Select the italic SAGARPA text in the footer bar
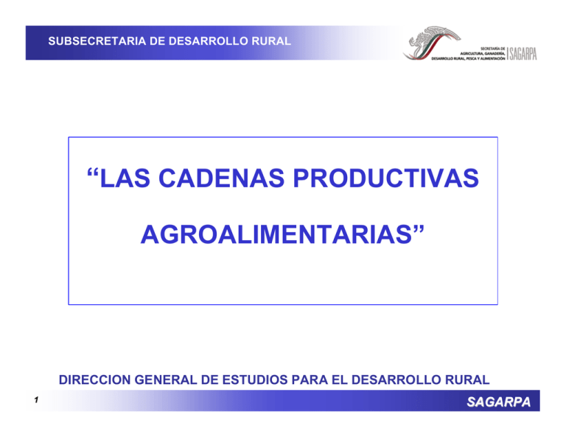[507, 402]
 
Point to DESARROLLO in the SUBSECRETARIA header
[203, 41]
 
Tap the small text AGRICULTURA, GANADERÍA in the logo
[478, 52]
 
